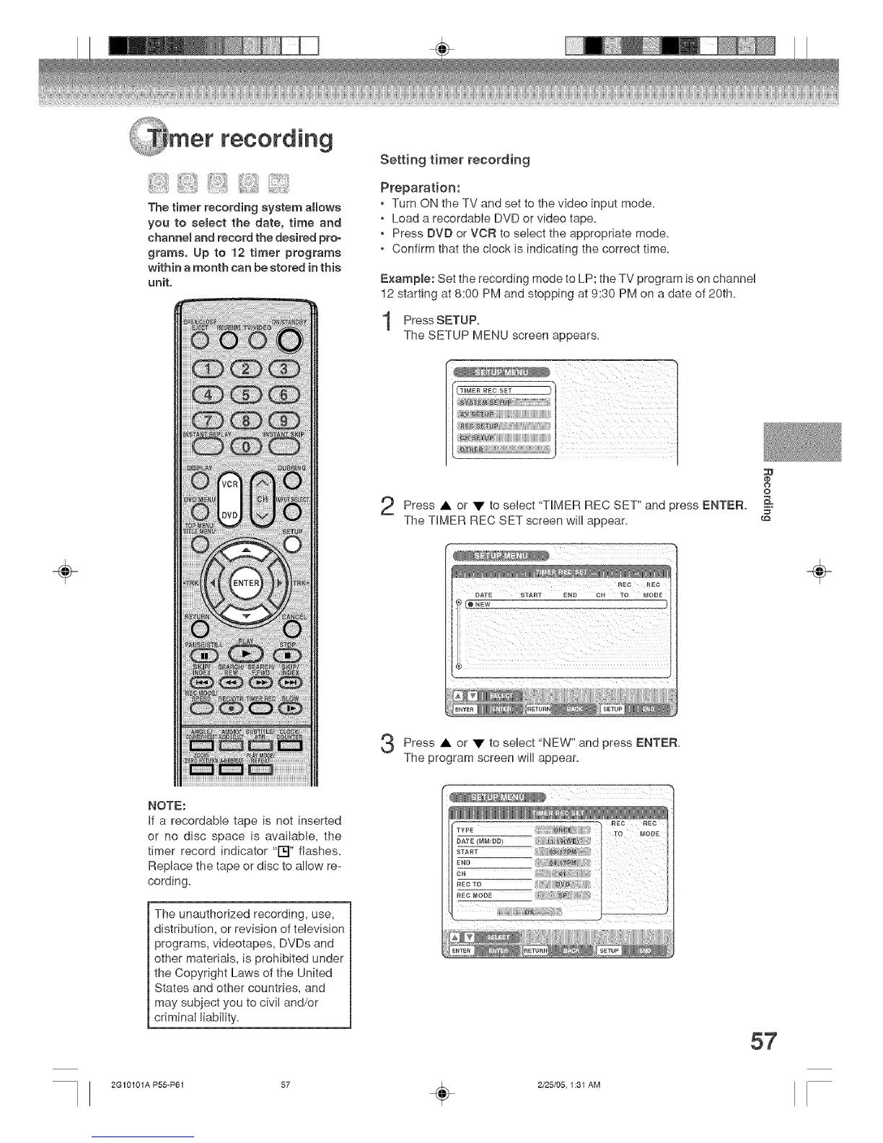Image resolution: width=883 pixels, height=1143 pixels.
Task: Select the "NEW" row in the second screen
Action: (x=563, y=604)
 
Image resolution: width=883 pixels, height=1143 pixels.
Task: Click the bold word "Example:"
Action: (x=407, y=279)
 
